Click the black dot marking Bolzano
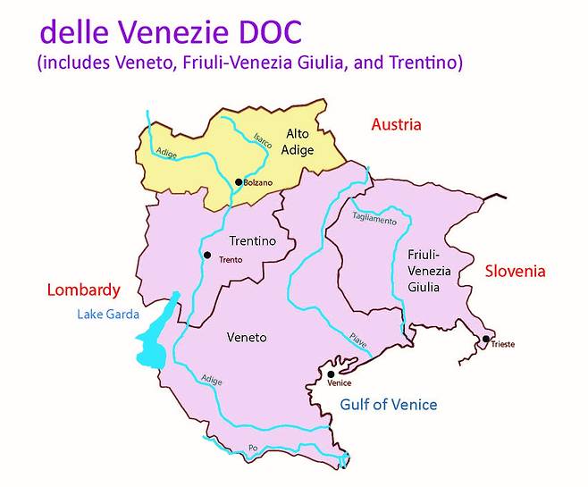point(239,182)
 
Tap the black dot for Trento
point(207,256)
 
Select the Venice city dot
point(332,374)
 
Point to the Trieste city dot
point(485,339)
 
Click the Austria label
point(395,125)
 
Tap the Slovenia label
point(514,271)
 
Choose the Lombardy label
point(82,290)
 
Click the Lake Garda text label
point(108,314)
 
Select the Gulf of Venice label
point(389,405)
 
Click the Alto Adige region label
point(299,142)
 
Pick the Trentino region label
point(252,241)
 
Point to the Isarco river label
point(263,143)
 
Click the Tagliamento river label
point(374,218)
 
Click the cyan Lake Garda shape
point(154,344)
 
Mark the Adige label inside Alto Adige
point(166,154)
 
